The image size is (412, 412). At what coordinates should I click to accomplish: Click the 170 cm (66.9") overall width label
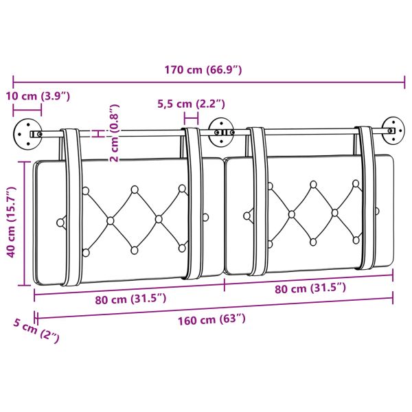(203, 69)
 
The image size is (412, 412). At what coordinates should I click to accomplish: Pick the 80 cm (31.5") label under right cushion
(309, 288)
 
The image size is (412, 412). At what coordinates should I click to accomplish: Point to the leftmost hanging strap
(70, 206)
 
